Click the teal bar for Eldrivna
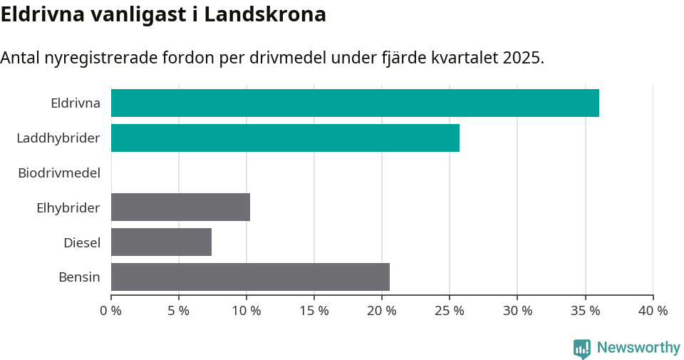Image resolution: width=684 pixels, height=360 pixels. tap(355, 103)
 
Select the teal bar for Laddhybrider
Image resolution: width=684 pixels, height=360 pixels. tap(285, 138)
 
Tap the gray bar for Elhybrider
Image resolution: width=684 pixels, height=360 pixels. tap(180, 207)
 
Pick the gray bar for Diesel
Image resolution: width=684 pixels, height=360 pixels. tap(161, 242)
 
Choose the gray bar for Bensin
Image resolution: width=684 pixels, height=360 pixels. tap(250, 277)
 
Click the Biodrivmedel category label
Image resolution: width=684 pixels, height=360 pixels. tap(59, 173)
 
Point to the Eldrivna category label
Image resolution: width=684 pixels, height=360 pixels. tap(75, 103)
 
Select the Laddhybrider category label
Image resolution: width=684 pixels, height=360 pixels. tap(58, 138)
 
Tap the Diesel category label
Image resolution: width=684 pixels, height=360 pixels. tap(81, 242)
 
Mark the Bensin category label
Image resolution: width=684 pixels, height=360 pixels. tap(79, 277)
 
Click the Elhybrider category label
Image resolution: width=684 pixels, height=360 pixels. tap(68, 207)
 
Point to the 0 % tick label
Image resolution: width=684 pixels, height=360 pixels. tap(111, 311)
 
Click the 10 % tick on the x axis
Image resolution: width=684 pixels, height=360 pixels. tap(247, 311)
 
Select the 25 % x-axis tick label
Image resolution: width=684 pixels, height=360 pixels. tap(450, 311)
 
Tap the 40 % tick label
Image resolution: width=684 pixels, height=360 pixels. tap(653, 311)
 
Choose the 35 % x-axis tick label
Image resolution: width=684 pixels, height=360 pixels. tap(585, 311)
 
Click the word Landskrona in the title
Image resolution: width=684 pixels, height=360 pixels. tap(265, 14)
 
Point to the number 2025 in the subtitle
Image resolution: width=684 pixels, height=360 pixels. tap(521, 58)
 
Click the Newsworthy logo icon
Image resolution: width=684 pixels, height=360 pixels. tap(582, 348)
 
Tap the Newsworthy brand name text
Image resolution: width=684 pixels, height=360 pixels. tap(638, 348)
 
